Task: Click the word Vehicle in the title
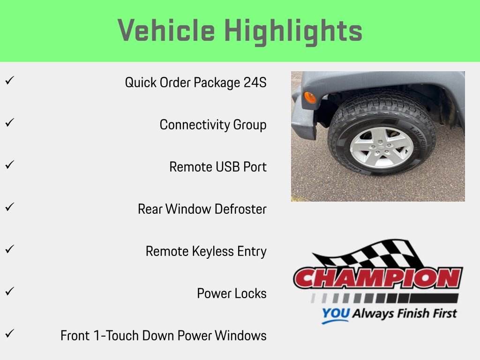pos(166,31)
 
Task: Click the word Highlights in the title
pos(293,31)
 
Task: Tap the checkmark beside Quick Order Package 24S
pos(8,81)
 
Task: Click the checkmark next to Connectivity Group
pos(8,123)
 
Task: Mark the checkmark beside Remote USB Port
pos(8,165)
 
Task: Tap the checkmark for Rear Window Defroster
pos(8,207)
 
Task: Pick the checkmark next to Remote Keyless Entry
pos(8,249)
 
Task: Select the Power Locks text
pos(232,293)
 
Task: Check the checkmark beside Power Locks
pos(8,292)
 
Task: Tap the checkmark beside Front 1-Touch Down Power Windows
pos(8,334)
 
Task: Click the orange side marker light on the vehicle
pos(310,97)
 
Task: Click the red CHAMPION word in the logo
pos(378,278)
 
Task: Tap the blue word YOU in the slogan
pos(336,313)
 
